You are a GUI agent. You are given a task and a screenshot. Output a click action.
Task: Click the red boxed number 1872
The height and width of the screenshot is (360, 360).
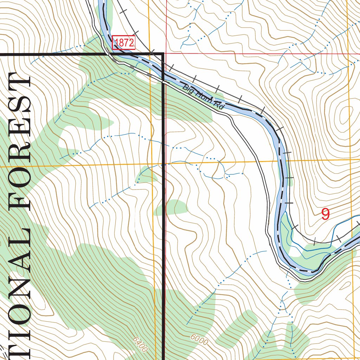coord(124,43)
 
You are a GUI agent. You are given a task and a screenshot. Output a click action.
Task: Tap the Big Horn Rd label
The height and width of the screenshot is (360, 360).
coord(203,97)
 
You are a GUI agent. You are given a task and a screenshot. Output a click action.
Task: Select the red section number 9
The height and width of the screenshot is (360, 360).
coord(326,214)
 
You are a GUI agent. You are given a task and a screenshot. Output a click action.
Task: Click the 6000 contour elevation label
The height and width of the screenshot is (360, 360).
coord(199,339)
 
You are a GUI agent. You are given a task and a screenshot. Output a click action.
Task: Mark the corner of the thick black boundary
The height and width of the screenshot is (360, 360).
coord(163,54)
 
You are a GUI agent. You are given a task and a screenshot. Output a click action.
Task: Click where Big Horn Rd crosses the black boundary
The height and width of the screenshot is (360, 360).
coord(163,81)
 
